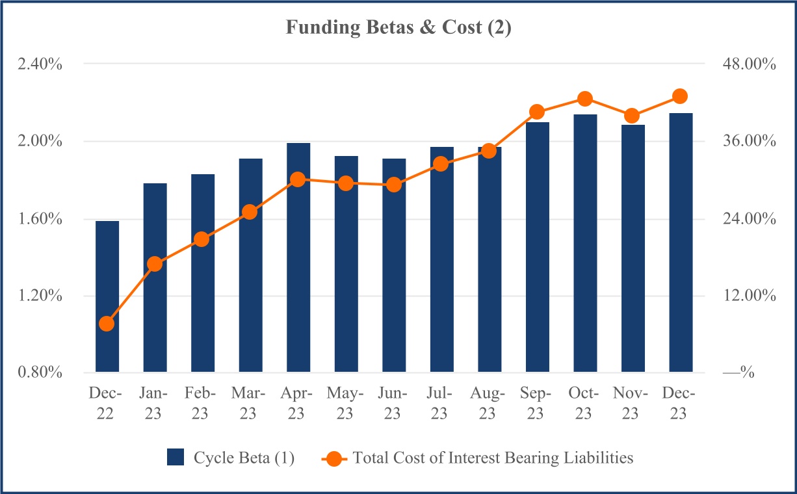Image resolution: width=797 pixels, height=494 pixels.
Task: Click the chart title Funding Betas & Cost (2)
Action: [398, 29]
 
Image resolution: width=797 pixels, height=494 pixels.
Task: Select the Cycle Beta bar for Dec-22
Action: [107, 296]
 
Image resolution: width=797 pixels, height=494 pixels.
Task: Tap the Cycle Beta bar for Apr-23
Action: [298, 257]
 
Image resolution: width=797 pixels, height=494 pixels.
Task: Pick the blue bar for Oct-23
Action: [585, 243]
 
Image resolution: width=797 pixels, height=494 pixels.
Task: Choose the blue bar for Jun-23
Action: [394, 265]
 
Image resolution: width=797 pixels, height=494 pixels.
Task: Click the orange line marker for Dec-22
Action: [107, 324]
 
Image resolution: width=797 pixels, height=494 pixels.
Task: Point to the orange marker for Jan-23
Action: [155, 264]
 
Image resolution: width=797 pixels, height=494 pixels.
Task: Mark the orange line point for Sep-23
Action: [537, 112]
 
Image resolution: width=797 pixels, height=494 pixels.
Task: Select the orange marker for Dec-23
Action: [680, 96]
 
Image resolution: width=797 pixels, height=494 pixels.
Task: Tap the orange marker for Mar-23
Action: [250, 212]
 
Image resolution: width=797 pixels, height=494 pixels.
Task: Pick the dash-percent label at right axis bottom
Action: [738, 373]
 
